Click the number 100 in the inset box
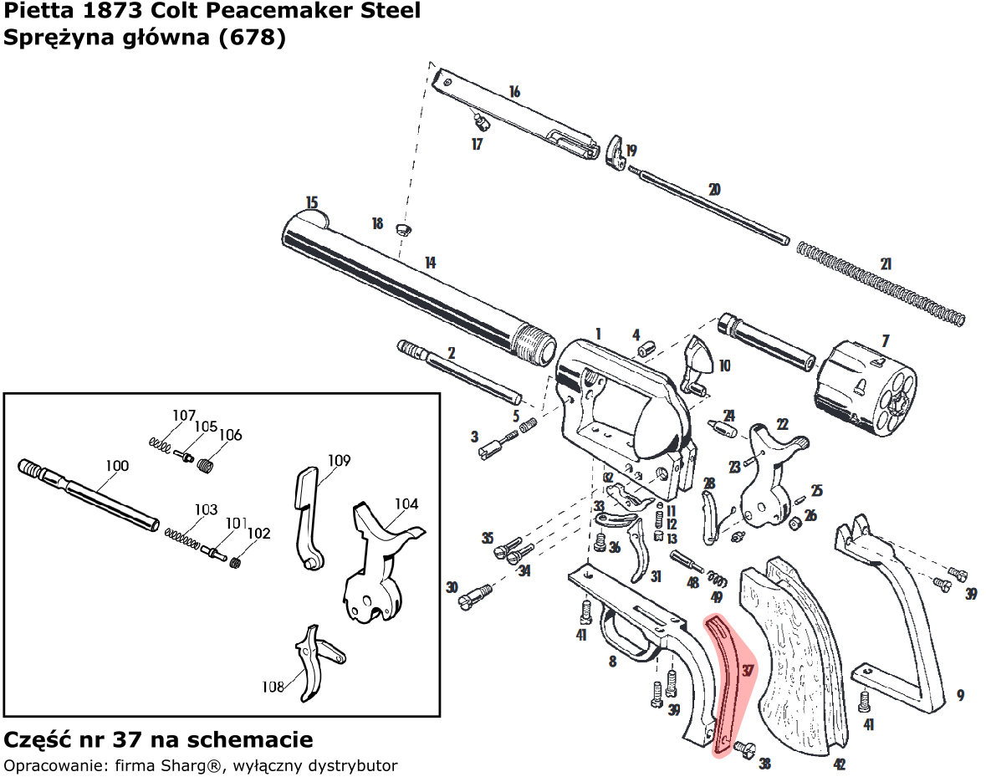coord(116,466)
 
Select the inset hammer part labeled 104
coord(376,569)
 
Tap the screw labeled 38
coord(743,748)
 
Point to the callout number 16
coord(513,91)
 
